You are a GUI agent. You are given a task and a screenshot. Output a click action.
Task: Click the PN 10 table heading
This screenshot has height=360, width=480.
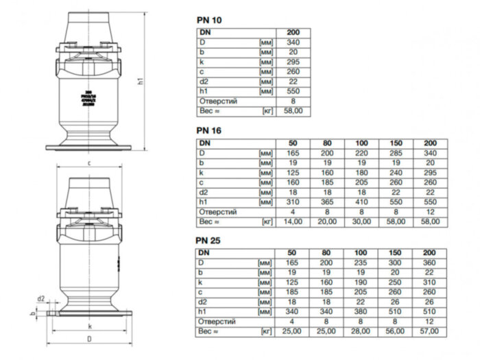point(208,20)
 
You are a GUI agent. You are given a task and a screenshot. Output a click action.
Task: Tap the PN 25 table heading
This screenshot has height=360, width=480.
point(208,241)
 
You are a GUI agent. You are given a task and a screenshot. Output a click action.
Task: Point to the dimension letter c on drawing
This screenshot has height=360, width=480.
point(90,163)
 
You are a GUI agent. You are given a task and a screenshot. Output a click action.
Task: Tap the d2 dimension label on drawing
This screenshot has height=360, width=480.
point(40,299)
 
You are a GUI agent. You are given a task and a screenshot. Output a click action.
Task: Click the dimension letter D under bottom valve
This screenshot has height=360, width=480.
point(89,339)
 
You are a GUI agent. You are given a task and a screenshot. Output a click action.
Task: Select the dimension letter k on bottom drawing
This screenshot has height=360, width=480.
point(89,327)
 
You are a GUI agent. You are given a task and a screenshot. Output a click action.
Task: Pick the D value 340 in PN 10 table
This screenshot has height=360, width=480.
point(293,42)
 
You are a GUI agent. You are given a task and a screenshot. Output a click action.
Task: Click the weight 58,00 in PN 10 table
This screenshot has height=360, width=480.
point(293,110)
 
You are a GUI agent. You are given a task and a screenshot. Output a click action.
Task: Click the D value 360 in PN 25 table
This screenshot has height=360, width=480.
point(430,263)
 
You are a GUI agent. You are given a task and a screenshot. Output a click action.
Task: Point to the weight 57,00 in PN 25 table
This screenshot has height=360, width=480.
point(430,331)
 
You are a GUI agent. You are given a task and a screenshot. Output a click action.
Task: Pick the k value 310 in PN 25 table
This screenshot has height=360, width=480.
point(430,282)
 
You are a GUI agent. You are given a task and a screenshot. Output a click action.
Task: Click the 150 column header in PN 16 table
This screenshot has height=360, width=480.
point(396,143)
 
